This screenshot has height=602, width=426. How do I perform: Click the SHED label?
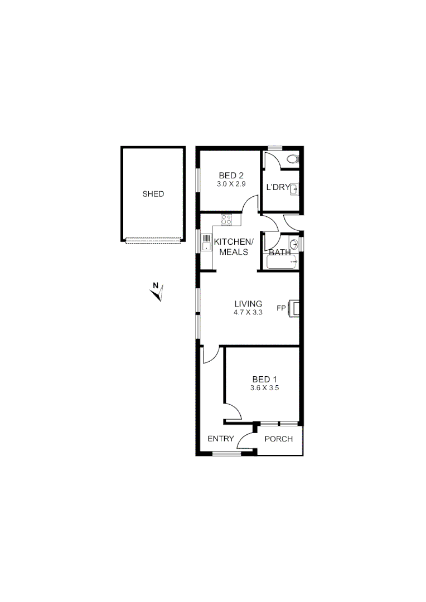pos(153,194)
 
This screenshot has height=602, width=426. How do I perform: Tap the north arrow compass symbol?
pos(157,292)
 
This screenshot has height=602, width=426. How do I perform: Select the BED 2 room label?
pos(231,176)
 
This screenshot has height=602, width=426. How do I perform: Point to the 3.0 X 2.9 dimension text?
pos(231,183)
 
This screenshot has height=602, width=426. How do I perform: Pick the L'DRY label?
pos(277,187)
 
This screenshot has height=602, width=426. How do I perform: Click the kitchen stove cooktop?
pos(226,220)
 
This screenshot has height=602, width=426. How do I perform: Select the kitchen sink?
pos(206,243)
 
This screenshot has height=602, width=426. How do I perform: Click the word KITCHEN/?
pos(234,242)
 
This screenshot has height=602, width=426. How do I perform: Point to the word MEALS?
pos(234,252)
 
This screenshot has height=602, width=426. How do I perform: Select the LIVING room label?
pos(248,304)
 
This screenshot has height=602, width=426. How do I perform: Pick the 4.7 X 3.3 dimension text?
pos(248,312)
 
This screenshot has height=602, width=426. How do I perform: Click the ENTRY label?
pos(221,439)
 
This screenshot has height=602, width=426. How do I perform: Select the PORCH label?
pos(278,439)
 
